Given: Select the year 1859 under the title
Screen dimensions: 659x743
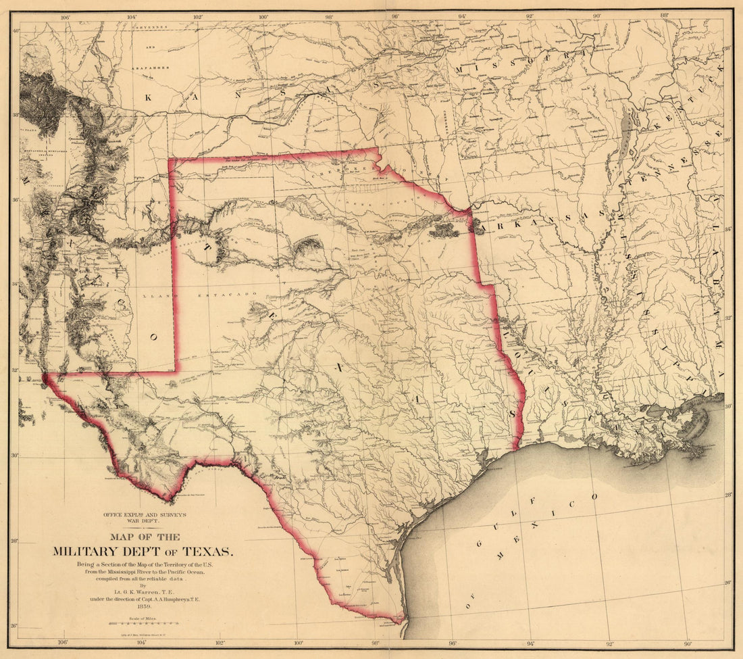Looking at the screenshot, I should point(143,607).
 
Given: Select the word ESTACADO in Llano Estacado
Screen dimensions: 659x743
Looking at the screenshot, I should point(233,295).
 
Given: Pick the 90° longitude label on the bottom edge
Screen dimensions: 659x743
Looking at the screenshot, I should point(688,643).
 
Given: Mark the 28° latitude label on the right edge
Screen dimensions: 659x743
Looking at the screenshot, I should point(728,495).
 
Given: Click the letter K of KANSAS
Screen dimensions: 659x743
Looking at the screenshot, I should point(148,97).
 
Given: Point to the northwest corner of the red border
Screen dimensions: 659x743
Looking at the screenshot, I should point(170,160).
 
